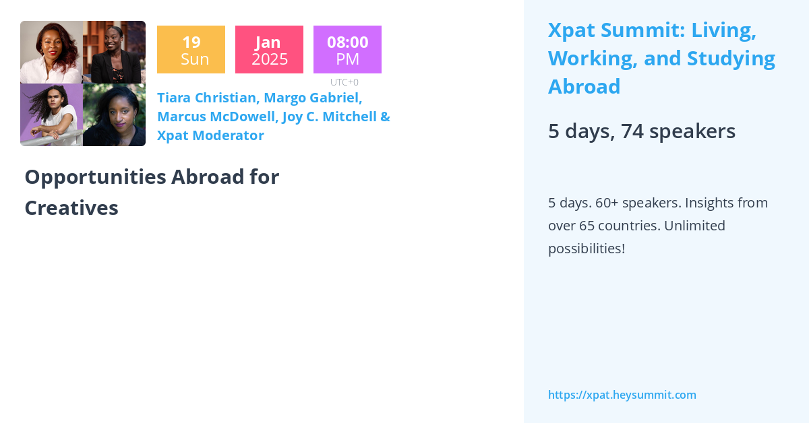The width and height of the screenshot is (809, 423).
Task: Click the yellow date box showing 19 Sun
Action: pyautogui.click(x=191, y=50)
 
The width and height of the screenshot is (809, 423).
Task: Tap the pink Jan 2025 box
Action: pyautogui.click(x=269, y=50)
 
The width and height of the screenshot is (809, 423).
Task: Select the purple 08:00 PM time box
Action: pyautogui.click(x=347, y=50)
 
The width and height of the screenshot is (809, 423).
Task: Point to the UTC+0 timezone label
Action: pyautogui.click(x=344, y=82)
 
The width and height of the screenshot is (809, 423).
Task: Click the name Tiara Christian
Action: pyautogui.click(x=206, y=98)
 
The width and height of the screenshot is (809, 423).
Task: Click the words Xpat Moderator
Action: pyautogui.click(x=210, y=135)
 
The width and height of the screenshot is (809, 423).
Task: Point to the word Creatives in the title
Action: pyautogui.click(x=71, y=208)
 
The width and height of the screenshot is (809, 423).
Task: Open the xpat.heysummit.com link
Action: pyautogui.click(x=622, y=395)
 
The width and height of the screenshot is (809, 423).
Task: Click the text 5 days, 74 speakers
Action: pyautogui.click(x=641, y=131)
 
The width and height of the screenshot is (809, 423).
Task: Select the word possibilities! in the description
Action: pyautogui.click(x=586, y=248)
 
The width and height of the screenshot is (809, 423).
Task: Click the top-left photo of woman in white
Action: pyautogui.click(x=51, y=52)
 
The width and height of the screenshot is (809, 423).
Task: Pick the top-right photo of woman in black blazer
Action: pyautogui.click(x=114, y=52)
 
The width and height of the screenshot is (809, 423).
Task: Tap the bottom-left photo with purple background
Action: pyautogui.click(x=51, y=115)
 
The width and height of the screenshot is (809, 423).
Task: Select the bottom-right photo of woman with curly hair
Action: pyautogui.click(x=114, y=115)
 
